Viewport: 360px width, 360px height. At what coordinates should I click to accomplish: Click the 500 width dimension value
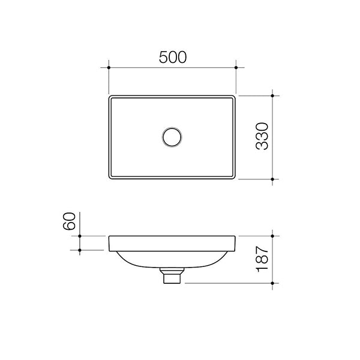pyautogui.click(x=173, y=56)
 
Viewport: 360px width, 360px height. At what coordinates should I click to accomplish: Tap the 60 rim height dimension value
pyautogui.click(x=70, y=221)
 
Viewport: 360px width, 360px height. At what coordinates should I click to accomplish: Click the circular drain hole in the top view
pyautogui.click(x=172, y=137)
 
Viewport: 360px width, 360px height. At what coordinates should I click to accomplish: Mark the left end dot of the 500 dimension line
pyautogui.click(x=109, y=67)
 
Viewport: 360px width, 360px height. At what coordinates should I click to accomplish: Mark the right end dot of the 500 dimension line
pyautogui.click(x=236, y=67)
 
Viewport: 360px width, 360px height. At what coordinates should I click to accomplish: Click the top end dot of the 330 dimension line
pyautogui.click(x=273, y=95)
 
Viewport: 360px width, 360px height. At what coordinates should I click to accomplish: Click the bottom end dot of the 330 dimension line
pyautogui.click(x=273, y=179)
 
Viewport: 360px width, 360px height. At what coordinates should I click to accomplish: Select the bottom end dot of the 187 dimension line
pyautogui.click(x=273, y=283)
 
